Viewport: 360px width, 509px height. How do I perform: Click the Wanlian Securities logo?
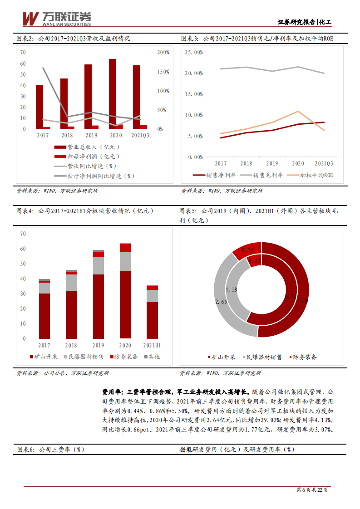point(57,18)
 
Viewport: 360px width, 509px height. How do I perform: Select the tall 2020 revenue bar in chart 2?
point(113,93)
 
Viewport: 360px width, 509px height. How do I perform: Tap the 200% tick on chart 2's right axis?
point(163,53)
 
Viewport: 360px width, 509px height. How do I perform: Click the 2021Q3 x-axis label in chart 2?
point(140,136)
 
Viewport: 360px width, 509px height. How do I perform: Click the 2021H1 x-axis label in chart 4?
point(152,346)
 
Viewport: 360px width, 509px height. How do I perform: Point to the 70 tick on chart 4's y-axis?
point(23,234)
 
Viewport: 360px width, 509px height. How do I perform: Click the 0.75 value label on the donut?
point(248,250)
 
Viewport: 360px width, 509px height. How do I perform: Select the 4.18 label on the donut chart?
point(231,289)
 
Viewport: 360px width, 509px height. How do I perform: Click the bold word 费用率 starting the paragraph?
point(111,392)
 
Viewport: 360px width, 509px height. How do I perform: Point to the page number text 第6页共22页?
point(312,490)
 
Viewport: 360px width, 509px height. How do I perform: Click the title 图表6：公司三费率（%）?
point(51,449)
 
